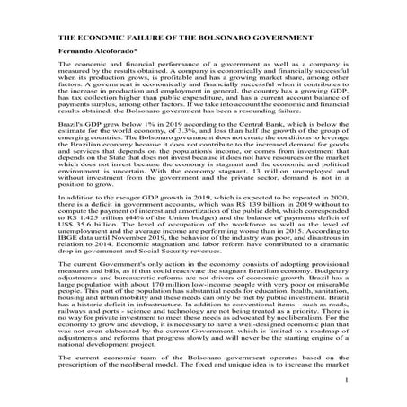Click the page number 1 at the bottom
coord(344,381)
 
